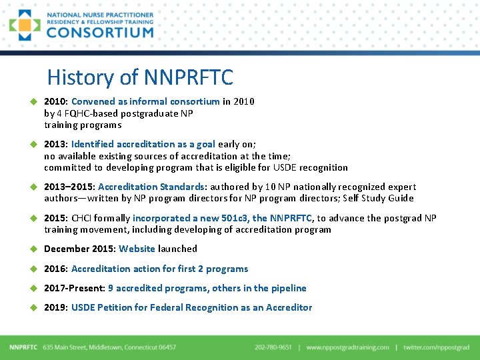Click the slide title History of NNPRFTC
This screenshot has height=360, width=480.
140,77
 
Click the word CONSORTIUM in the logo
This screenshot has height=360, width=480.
100,32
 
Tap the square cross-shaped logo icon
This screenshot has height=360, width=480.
25,25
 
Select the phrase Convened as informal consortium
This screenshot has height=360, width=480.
145,101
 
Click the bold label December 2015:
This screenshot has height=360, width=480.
80,249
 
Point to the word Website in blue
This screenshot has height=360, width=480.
137,249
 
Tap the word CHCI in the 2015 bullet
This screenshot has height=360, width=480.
83,218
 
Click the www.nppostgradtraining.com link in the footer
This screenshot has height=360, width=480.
347,347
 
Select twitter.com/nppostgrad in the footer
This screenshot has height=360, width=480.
436,347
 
